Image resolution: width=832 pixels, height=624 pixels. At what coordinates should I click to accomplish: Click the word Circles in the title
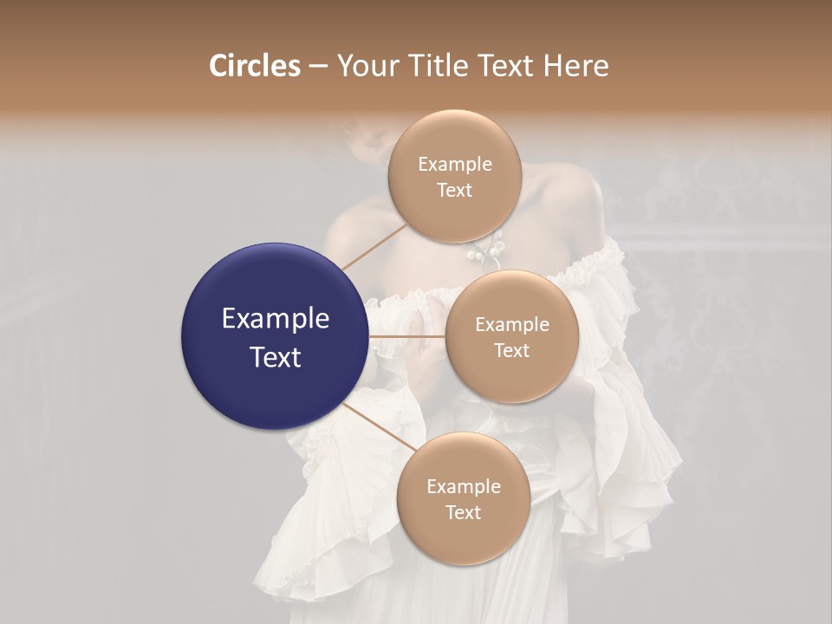[x=254, y=66]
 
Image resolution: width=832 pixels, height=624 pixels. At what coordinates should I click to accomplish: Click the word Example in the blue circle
[x=276, y=319]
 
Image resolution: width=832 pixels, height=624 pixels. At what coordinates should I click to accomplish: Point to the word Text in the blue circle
[x=276, y=356]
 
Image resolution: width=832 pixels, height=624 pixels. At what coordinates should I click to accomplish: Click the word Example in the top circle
[x=455, y=165]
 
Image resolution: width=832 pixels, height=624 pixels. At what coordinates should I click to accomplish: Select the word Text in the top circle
[x=454, y=190]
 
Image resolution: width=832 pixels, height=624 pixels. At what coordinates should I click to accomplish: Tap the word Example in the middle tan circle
[x=512, y=325]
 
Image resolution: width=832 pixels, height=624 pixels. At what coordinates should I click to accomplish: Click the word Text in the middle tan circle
[x=511, y=350]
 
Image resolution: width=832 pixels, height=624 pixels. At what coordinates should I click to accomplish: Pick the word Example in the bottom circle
[x=464, y=487]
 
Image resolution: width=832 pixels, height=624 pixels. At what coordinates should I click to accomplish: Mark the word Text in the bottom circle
[x=463, y=512]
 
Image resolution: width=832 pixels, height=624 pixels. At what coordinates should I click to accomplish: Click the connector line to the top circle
[x=374, y=246]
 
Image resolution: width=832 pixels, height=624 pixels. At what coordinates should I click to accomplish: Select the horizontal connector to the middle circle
[x=406, y=336]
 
